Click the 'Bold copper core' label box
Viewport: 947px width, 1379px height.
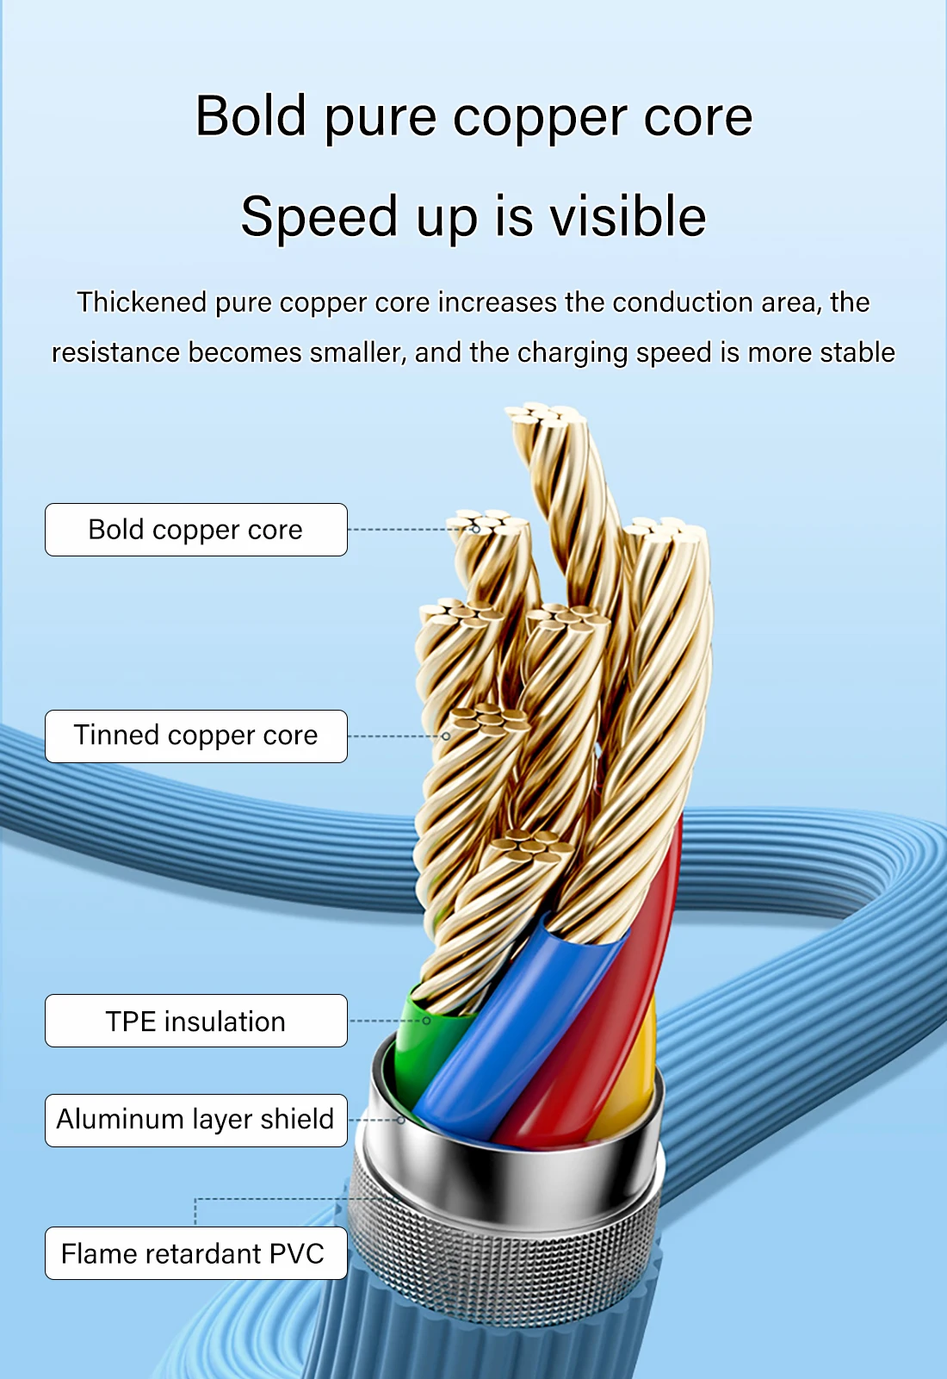point(196,530)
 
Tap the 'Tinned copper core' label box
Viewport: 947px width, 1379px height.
point(196,736)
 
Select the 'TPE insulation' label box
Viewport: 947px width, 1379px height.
point(196,1021)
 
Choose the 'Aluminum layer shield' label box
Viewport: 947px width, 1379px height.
point(196,1120)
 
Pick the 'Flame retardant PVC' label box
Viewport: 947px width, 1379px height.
point(196,1253)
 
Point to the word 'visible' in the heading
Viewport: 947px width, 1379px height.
point(628,216)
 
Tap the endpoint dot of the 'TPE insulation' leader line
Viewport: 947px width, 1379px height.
point(426,1021)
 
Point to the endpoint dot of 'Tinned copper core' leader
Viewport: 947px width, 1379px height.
point(446,736)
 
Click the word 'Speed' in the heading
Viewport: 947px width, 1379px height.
point(319,216)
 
